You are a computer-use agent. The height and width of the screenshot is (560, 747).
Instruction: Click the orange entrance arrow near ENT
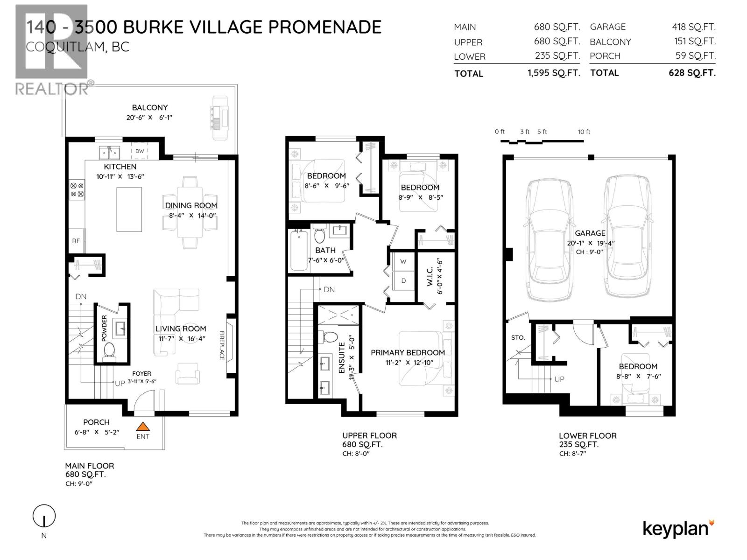tap(143, 426)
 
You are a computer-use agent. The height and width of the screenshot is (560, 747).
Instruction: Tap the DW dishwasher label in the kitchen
tap(140, 151)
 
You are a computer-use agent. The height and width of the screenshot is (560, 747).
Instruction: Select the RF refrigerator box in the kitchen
tap(76, 241)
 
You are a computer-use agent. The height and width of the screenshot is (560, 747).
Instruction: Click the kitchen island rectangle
tap(129, 210)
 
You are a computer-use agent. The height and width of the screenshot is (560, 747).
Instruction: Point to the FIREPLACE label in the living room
tap(222, 345)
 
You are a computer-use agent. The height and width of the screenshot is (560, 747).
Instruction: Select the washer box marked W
tap(403, 261)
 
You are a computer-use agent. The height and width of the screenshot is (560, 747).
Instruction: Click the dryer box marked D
tap(403, 281)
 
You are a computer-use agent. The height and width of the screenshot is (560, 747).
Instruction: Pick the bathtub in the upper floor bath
tap(299, 251)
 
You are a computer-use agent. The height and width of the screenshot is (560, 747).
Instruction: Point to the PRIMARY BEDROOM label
tap(408, 353)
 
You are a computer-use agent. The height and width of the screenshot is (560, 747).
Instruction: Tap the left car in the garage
tap(549, 240)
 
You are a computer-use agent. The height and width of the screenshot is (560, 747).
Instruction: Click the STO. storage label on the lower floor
tap(518, 337)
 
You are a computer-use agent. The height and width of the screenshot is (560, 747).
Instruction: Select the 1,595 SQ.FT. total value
tap(553, 73)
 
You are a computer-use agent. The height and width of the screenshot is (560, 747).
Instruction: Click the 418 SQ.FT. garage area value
tap(693, 27)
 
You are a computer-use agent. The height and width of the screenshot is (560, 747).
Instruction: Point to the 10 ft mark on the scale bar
tap(584, 132)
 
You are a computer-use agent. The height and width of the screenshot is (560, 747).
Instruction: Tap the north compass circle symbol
tap(44, 516)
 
